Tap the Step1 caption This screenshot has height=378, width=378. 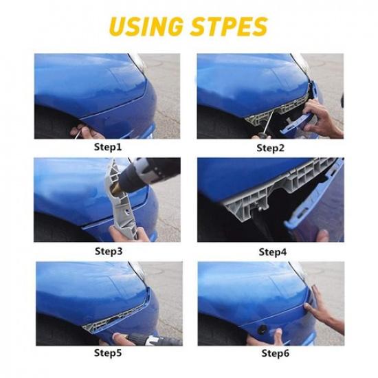(108, 147)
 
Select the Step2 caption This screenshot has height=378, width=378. (271, 147)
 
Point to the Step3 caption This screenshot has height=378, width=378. (108, 251)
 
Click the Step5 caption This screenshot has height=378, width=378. (108, 355)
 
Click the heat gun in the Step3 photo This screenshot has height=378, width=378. (148, 169)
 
